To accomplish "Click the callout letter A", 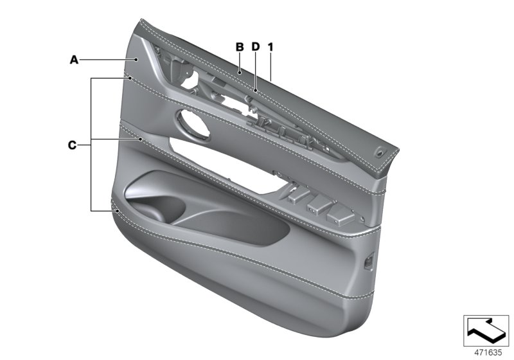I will click(74, 60).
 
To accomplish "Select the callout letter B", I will click(239, 47).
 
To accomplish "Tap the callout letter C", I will click(72, 145).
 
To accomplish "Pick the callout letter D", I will click(255, 47).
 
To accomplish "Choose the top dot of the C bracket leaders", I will click(130, 78).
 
